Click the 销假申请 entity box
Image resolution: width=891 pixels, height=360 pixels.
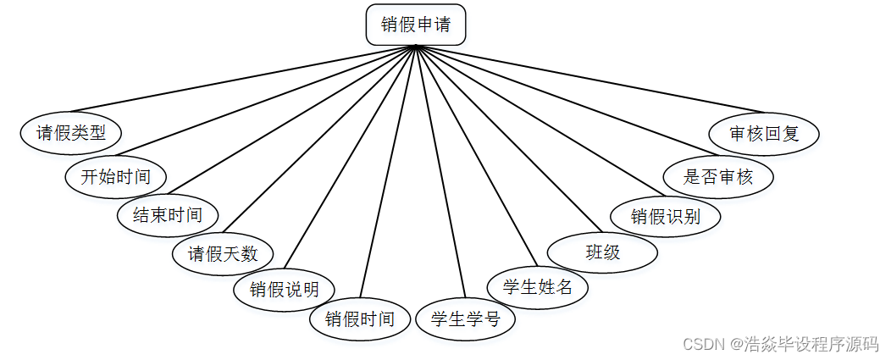click(415, 25)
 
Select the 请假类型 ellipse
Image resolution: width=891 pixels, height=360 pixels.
click(71, 133)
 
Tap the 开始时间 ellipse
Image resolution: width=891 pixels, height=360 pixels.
click(116, 177)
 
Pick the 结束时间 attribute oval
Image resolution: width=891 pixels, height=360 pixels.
click(168, 214)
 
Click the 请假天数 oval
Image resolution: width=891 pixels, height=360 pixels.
click(222, 253)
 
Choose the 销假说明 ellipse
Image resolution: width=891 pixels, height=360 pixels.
click(284, 290)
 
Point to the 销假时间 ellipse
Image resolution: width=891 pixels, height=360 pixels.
click(360, 319)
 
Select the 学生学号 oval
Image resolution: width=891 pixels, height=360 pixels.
click(465, 319)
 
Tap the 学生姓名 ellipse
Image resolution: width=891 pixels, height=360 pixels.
click(538, 287)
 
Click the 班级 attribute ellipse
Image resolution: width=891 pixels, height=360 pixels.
click(602, 252)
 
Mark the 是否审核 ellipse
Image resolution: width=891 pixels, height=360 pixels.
click(718, 177)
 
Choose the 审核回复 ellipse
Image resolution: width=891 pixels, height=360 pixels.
click(764, 134)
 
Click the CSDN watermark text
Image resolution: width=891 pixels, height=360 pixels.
click(780, 344)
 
